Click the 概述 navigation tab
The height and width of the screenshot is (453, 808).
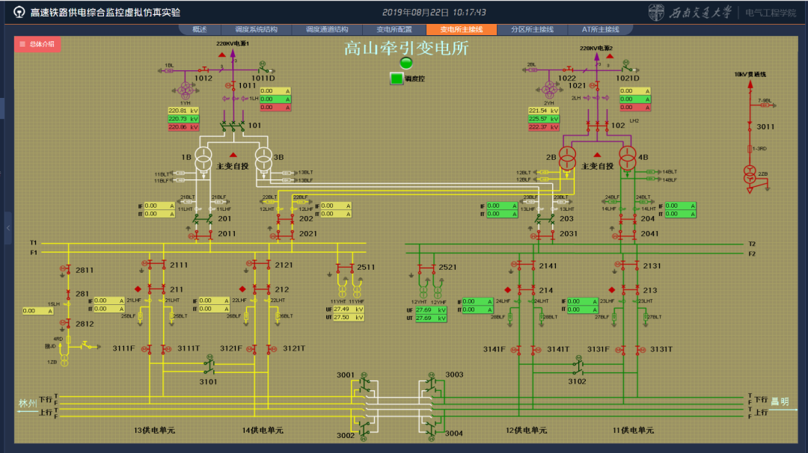point(199,30)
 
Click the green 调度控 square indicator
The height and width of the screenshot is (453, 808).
point(396,78)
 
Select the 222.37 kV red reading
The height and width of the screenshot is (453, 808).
point(543,127)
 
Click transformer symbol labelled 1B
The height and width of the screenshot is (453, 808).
point(203,158)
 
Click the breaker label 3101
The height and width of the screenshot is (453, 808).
point(208,381)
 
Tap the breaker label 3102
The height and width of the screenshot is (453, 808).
point(577,381)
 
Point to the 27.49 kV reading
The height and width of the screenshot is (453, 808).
point(347,309)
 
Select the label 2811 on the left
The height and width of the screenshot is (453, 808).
point(85,270)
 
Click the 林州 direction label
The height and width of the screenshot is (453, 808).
point(28,404)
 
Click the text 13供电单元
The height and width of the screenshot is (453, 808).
point(153,430)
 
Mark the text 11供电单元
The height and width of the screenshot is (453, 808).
point(633,430)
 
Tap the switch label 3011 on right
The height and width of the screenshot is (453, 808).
point(765,127)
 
